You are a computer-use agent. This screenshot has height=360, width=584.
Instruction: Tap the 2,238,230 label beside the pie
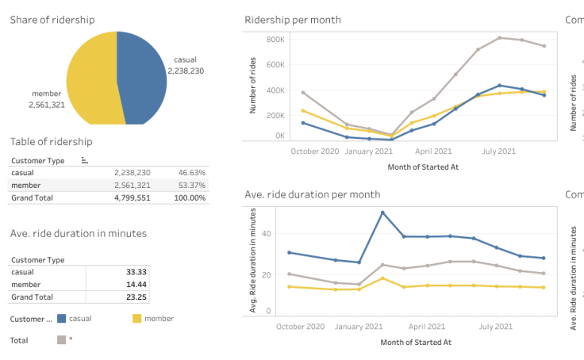186,71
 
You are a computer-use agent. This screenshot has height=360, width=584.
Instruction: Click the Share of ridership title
52,20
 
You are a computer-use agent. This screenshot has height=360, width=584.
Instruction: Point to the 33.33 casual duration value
136,272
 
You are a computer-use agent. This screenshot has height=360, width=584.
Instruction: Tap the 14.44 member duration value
136,284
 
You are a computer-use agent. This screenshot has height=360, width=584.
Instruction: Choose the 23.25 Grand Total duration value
136,297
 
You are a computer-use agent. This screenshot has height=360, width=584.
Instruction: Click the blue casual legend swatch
61,319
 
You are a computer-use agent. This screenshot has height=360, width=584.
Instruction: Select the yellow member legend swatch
136,319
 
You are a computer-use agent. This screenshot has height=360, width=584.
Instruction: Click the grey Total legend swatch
61,340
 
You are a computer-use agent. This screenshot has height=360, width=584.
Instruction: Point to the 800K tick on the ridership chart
275,40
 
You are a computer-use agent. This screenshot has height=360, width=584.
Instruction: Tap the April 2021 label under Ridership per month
433,151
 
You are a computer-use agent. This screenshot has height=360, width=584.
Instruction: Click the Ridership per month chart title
293,20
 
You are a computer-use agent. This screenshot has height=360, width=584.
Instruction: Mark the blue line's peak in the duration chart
382,213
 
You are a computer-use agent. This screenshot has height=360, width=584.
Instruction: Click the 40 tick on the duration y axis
267,234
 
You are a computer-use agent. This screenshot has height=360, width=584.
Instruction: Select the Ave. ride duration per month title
312,194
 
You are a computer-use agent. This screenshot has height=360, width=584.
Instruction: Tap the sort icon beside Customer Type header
85,160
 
